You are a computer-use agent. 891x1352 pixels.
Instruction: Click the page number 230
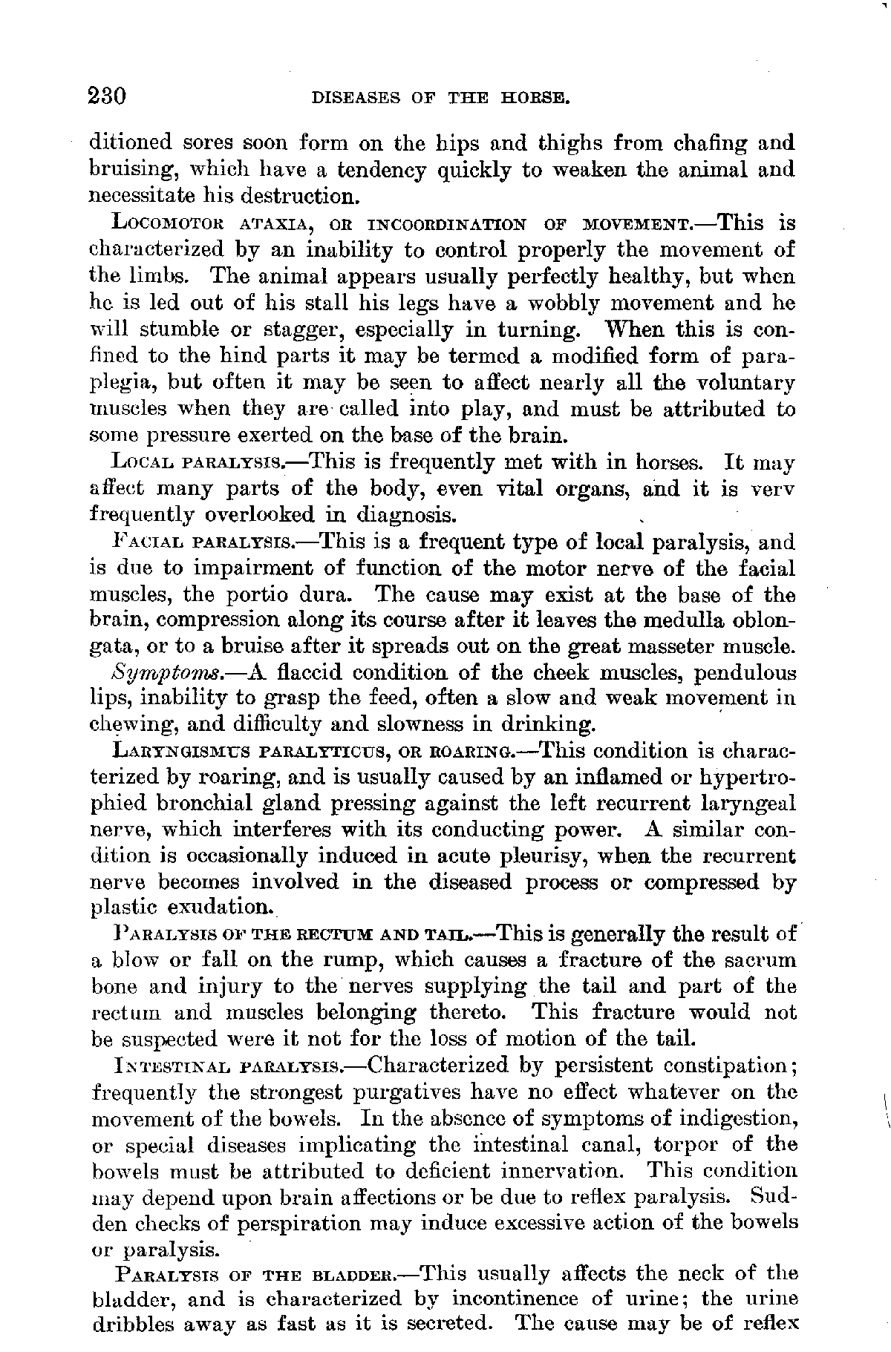(x=108, y=96)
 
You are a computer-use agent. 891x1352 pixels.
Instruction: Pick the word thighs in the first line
(x=549, y=142)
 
